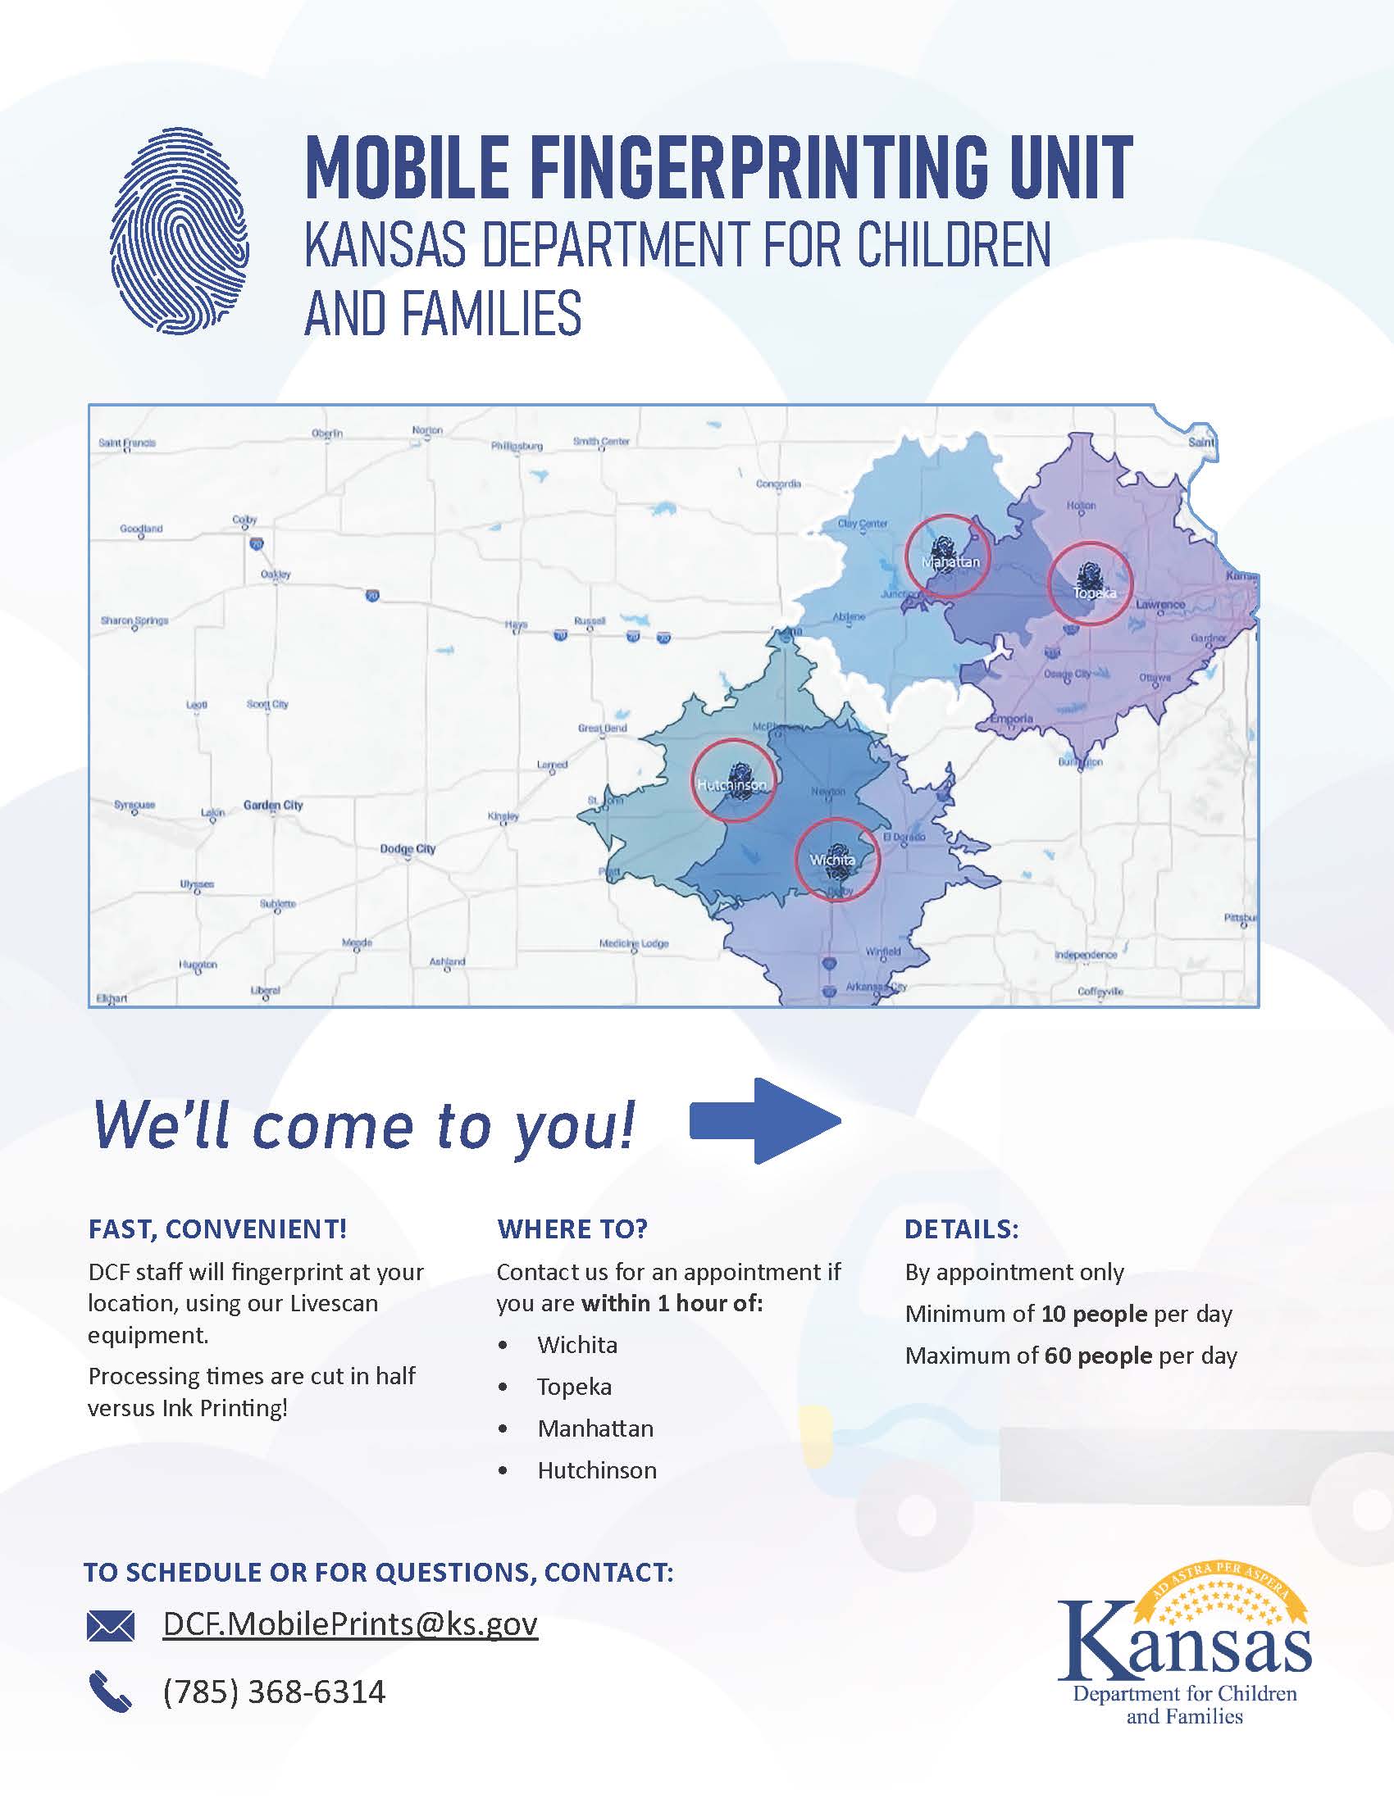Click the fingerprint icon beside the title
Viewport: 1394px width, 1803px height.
180,230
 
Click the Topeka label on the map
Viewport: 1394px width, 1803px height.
1094,593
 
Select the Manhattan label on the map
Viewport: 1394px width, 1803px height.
950,562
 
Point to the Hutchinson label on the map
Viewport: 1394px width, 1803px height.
731,784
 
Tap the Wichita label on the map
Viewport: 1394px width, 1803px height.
831,861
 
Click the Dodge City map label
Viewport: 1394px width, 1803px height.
408,849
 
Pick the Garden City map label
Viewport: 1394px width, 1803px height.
272,805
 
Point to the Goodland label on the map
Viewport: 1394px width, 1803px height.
141,529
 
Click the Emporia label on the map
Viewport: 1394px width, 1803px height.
1012,718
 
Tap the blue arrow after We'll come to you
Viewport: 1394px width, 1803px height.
765,1121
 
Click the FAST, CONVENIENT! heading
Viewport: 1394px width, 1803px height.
217,1229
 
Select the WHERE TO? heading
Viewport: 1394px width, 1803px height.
572,1229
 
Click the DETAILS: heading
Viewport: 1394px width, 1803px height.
961,1229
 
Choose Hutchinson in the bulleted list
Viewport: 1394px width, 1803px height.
597,1470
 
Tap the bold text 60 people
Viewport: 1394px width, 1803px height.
1097,1356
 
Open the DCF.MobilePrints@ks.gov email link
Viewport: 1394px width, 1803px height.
350,1624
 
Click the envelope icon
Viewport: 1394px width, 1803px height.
110,1625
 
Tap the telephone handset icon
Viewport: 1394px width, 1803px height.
110,1692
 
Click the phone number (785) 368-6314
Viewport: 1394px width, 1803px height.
274,1692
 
